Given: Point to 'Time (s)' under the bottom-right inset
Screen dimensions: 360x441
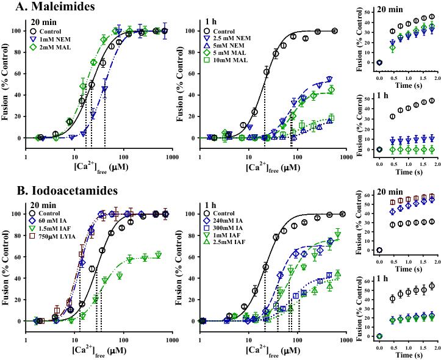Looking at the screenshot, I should (406, 354).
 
